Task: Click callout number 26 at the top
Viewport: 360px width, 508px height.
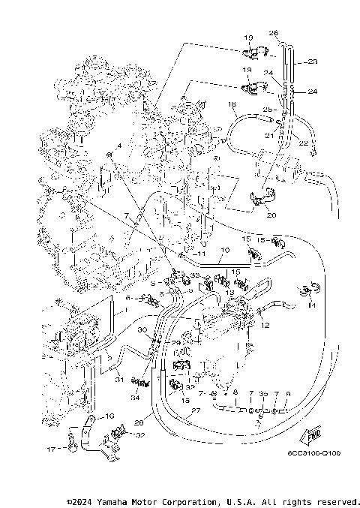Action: point(274,33)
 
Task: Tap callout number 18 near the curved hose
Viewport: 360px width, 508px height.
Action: point(232,104)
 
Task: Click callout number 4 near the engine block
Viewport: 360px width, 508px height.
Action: point(118,145)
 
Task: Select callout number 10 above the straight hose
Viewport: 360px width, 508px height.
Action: point(225,249)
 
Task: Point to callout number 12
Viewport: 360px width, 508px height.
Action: point(265,325)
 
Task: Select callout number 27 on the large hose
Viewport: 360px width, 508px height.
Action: point(195,412)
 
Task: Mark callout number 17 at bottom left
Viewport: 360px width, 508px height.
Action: point(51,449)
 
